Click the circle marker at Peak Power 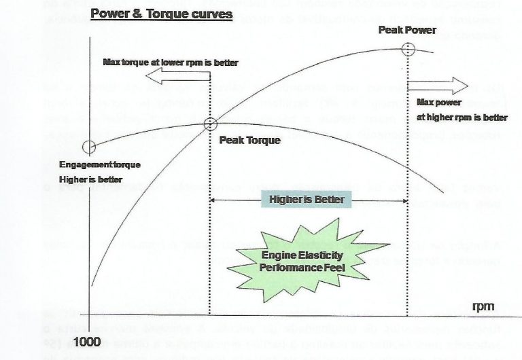point(407,49)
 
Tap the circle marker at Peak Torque point(210,124)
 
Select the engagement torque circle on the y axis point(87,147)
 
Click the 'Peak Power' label point(406,30)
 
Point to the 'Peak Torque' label point(249,141)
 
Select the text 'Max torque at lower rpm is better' point(171,62)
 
